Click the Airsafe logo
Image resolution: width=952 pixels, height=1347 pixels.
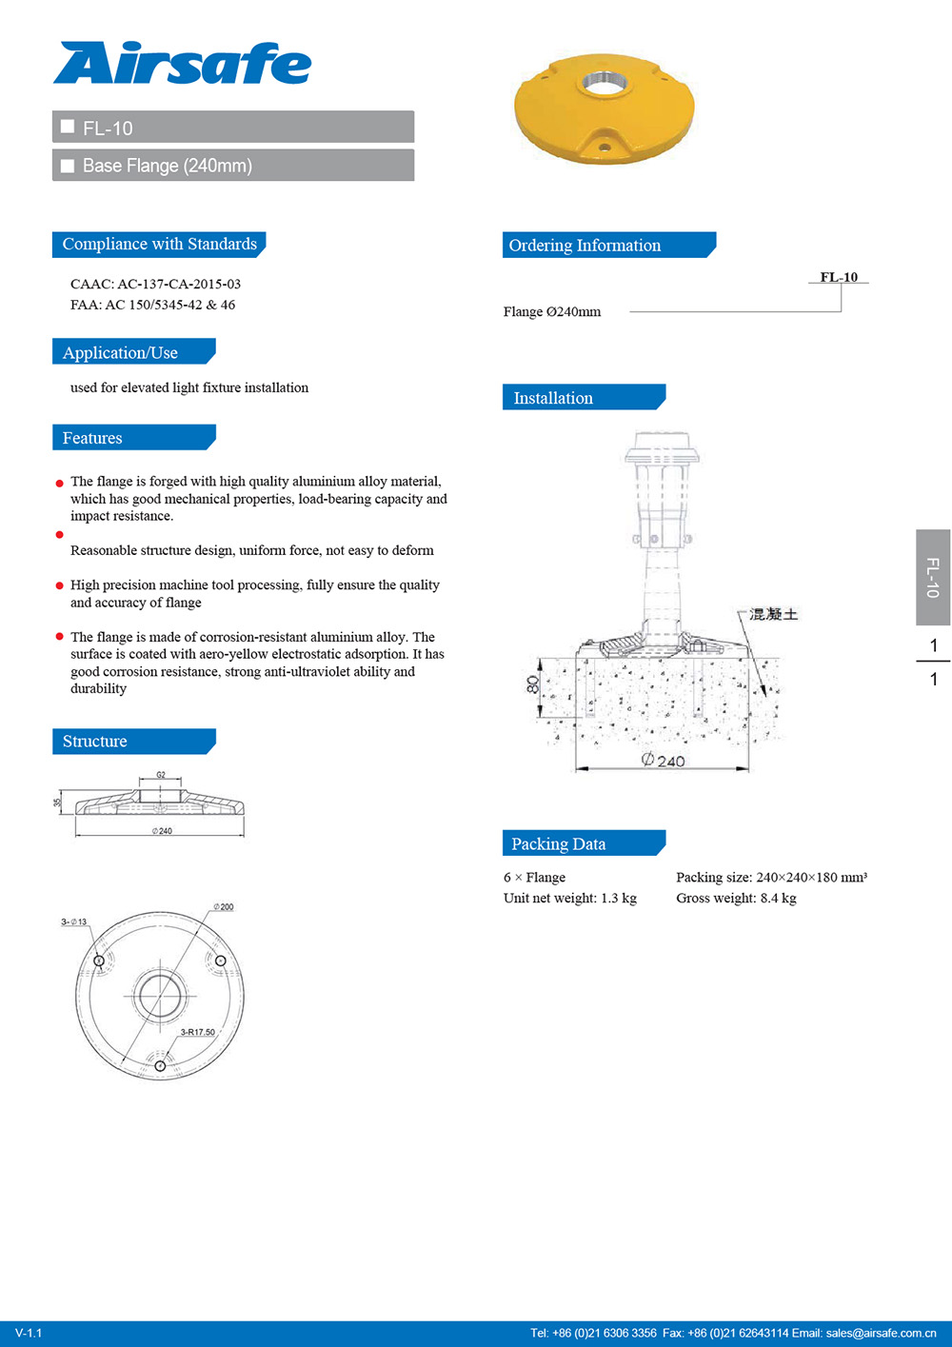[x=182, y=64]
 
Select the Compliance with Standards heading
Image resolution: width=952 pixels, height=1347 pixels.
[x=159, y=245]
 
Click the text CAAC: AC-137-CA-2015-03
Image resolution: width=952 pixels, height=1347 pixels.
[x=155, y=284]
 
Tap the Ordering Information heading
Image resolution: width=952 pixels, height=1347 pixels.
[x=585, y=246]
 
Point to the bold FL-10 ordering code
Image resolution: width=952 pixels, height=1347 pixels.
[x=839, y=277]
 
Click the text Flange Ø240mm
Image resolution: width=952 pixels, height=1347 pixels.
[x=552, y=312]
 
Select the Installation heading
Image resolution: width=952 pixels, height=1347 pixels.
[x=553, y=398]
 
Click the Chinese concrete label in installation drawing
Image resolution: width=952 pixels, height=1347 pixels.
[x=773, y=614]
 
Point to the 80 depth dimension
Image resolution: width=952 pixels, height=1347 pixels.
[x=533, y=683]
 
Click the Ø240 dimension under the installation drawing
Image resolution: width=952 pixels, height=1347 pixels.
[x=663, y=761]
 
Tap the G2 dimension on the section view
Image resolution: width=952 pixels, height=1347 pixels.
[x=161, y=775]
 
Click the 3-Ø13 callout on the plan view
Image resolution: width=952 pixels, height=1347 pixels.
[x=74, y=921]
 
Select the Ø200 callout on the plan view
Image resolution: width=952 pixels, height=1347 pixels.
[x=223, y=907]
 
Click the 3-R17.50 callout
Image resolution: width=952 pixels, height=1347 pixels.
[x=198, y=1032]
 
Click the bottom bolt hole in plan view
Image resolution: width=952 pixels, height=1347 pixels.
[x=160, y=1065]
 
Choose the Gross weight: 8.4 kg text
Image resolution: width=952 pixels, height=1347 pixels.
[x=736, y=899]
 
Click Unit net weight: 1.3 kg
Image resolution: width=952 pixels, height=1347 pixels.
[x=569, y=899]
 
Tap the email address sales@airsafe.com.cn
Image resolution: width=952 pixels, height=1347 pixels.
[x=881, y=1333]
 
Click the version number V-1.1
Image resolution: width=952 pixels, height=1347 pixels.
[x=29, y=1333]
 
